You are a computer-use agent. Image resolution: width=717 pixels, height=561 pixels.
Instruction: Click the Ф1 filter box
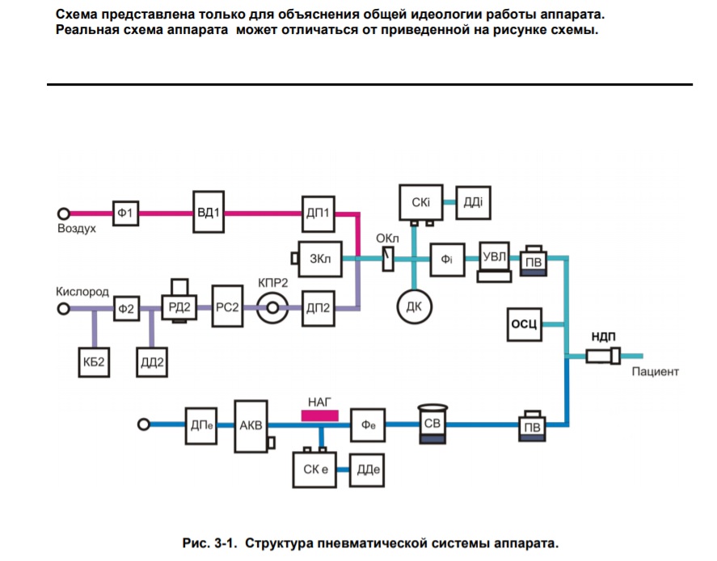pos(126,213)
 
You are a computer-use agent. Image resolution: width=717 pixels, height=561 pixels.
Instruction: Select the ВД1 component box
pos(209,212)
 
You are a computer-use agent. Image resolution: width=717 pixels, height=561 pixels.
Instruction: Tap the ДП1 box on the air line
pos(318,213)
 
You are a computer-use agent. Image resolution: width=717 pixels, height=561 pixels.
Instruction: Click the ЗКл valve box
pos(320,259)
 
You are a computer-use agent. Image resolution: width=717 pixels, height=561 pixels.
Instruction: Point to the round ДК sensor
pos(415,306)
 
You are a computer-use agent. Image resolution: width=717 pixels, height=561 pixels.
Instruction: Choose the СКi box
pos(420,202)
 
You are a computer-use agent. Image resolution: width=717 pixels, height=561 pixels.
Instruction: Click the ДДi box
pos(473,202)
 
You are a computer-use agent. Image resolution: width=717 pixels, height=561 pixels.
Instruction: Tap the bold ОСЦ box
pos(525,324)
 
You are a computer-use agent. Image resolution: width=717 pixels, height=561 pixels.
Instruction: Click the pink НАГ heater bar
pos(319,415)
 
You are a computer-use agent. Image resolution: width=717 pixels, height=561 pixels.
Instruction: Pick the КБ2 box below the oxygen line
pos(94,362)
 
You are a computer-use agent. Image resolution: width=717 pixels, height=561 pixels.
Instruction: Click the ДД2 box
pos(152,362)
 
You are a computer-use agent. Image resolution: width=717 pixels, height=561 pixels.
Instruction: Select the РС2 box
pos(227,306)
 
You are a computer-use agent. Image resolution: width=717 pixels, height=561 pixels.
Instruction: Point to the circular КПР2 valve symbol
pos(272,308)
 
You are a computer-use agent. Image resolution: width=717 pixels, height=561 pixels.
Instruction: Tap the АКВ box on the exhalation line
pos(251,426)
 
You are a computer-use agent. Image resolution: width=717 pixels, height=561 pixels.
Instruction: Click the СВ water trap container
pos(432,424)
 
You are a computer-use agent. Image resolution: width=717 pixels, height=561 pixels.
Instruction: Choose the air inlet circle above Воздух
pos(64,213)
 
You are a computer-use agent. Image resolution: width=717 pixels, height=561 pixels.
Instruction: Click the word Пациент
pos(655,372)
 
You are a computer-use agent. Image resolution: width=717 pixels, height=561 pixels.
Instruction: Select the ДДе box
pos(367,470)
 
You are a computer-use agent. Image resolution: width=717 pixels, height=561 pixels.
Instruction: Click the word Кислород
pos(82,292)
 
